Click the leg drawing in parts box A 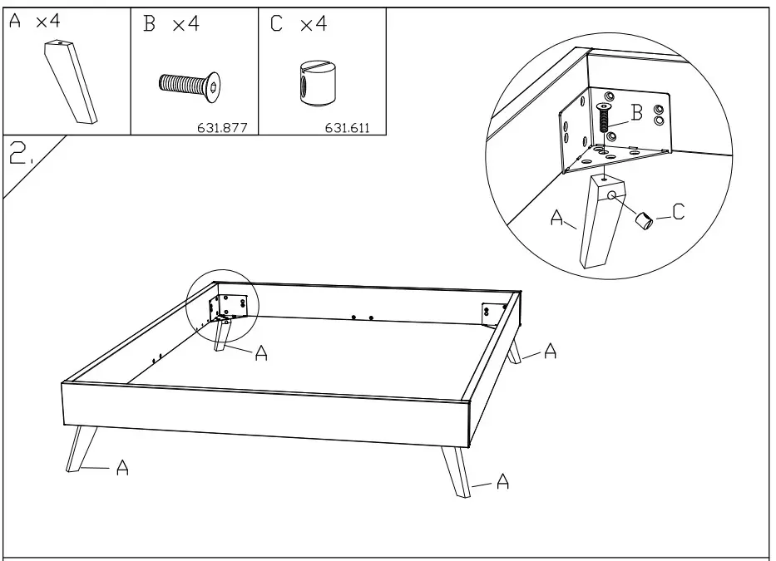click(70, 84)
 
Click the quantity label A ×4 click(35, 22)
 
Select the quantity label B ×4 click(171, 24)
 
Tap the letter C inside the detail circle click(678, 213)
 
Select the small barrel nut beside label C click(645, 219)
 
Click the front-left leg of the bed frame click(81, 448)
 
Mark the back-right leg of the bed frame click(513, 351)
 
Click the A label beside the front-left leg click(122, 469)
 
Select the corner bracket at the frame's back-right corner click(493, 311)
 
